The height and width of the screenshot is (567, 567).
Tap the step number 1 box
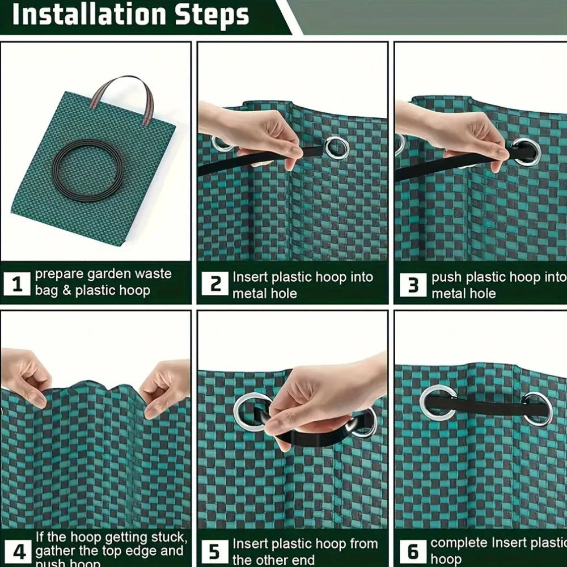point(17,284)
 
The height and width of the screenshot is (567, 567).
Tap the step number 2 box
point(215,283)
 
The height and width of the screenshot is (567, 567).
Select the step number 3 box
point(413,285)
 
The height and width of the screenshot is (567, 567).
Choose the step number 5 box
point(215,551)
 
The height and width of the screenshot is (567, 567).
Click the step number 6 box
point(413,551)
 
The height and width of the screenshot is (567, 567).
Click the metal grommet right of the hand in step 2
point(337,147)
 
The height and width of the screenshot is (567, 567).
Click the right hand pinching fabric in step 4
point(166,386)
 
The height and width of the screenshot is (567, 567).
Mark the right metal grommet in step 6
point(537,408)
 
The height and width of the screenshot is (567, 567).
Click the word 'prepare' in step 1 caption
point(60,274)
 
